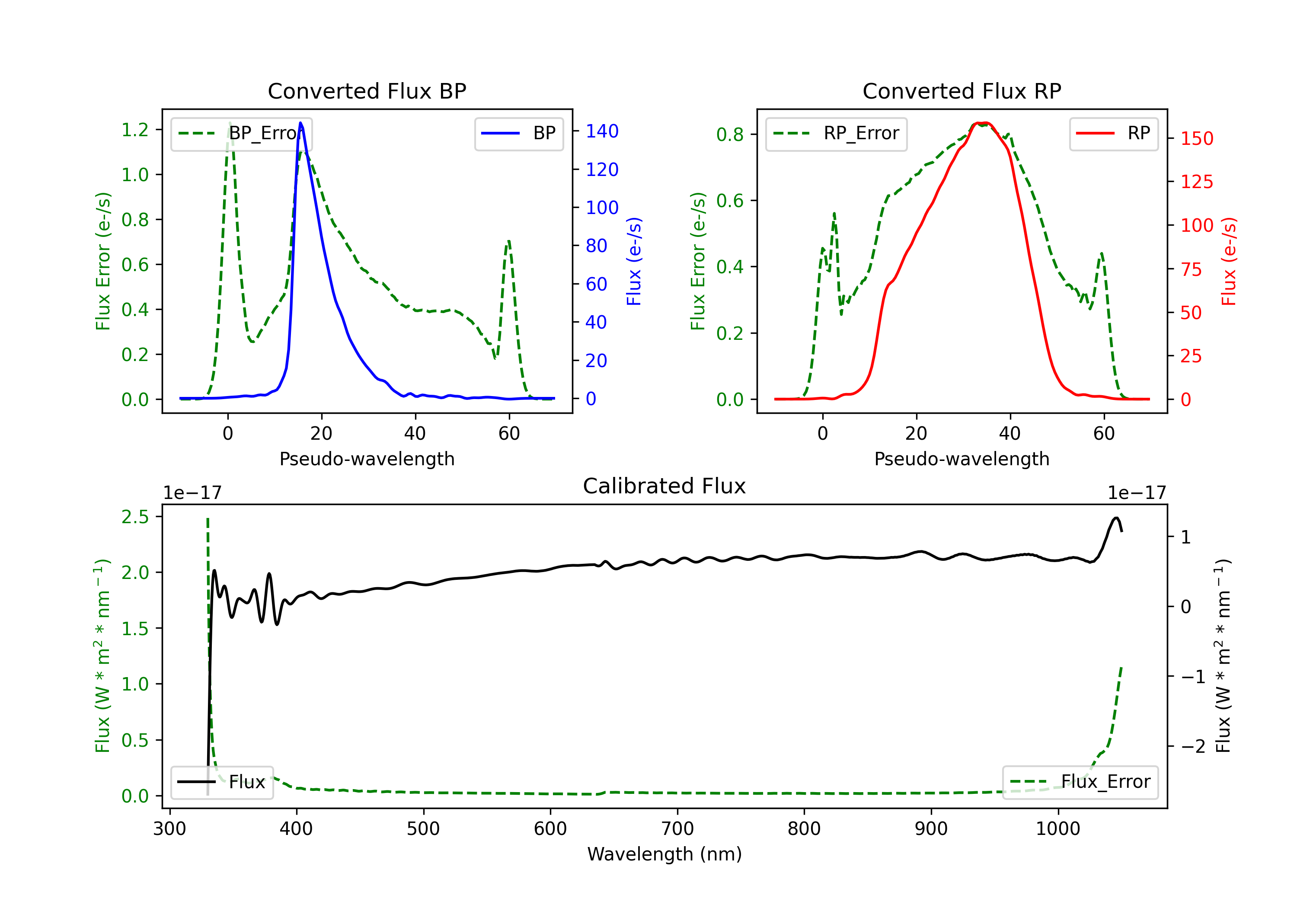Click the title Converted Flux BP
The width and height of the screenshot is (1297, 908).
coord(367,91)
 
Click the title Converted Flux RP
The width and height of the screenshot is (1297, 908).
coord(962,91)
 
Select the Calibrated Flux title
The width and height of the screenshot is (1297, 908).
coord(664,486)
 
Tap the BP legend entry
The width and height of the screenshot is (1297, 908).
coord(518,133)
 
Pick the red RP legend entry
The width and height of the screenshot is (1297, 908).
coord(1113,133)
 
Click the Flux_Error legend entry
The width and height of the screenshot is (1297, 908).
coord(1080,782)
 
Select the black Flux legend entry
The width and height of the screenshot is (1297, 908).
coord(221,782)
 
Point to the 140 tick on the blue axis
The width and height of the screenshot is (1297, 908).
coord(602,131)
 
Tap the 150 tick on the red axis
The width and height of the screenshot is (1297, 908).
coord(1196,138)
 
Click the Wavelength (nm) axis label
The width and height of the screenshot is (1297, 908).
coord(664,854)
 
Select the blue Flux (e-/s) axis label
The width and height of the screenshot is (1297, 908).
coord(634,262)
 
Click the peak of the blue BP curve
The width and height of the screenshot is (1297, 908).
coord(300,123)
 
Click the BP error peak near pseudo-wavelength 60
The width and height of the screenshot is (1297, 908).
coord(509,241)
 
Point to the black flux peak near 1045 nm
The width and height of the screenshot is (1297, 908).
coord(1116,518)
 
